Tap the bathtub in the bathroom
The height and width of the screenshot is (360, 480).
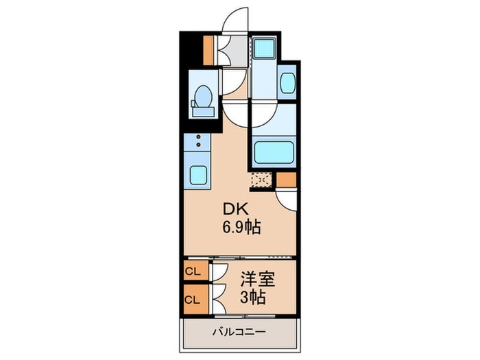274,152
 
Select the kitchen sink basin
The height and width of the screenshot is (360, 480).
198,175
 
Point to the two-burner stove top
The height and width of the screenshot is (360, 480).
198,143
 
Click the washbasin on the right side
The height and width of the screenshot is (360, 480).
288,84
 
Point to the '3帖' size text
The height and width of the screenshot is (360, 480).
253,298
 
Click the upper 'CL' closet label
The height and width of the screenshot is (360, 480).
193,272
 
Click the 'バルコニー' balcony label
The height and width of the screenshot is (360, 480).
239,332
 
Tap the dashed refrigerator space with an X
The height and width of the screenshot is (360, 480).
261,181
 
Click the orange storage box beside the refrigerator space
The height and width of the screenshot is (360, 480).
286,180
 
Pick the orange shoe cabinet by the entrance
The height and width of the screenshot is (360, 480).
209,48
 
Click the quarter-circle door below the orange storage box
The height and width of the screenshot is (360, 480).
288,199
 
